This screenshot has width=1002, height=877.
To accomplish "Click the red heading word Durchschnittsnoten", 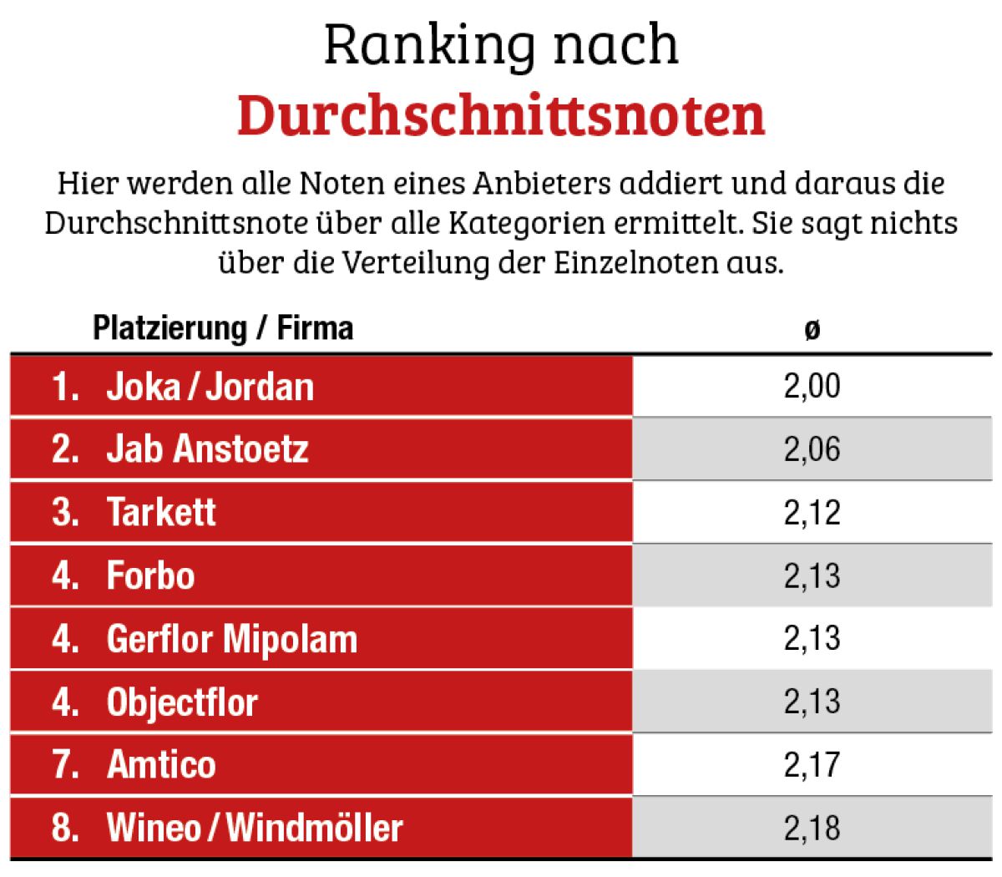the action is click(500, 114).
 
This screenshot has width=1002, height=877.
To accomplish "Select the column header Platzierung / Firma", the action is click(223, 327).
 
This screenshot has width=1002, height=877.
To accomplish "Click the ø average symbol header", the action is click(812, 330).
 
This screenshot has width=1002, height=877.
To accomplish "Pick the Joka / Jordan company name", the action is click(210, 387).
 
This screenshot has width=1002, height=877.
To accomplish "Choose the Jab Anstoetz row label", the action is click(207, 449).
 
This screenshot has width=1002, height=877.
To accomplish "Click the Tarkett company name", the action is click(161, 512).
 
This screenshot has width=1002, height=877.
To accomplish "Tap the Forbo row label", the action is click(151, 575).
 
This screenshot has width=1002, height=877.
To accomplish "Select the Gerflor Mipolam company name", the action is click(232, 639).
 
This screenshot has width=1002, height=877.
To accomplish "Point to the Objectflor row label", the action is click(182, 702).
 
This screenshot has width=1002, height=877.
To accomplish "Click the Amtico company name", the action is click(161, 764).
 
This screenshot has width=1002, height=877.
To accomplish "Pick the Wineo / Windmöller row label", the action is click(255, 828).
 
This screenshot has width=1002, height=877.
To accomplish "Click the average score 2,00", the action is click(812, 387).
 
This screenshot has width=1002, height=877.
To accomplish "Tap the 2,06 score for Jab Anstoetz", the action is click(812, 449).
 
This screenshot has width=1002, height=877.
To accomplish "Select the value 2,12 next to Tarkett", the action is click(812, 513).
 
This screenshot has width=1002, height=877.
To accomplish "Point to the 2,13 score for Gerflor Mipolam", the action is click(812, 639).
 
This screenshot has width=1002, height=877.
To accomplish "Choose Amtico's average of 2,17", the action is click(812, 765).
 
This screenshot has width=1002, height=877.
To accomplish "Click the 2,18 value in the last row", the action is click(812, 828).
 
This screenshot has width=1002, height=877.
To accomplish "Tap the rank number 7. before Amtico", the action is click(66, 764).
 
